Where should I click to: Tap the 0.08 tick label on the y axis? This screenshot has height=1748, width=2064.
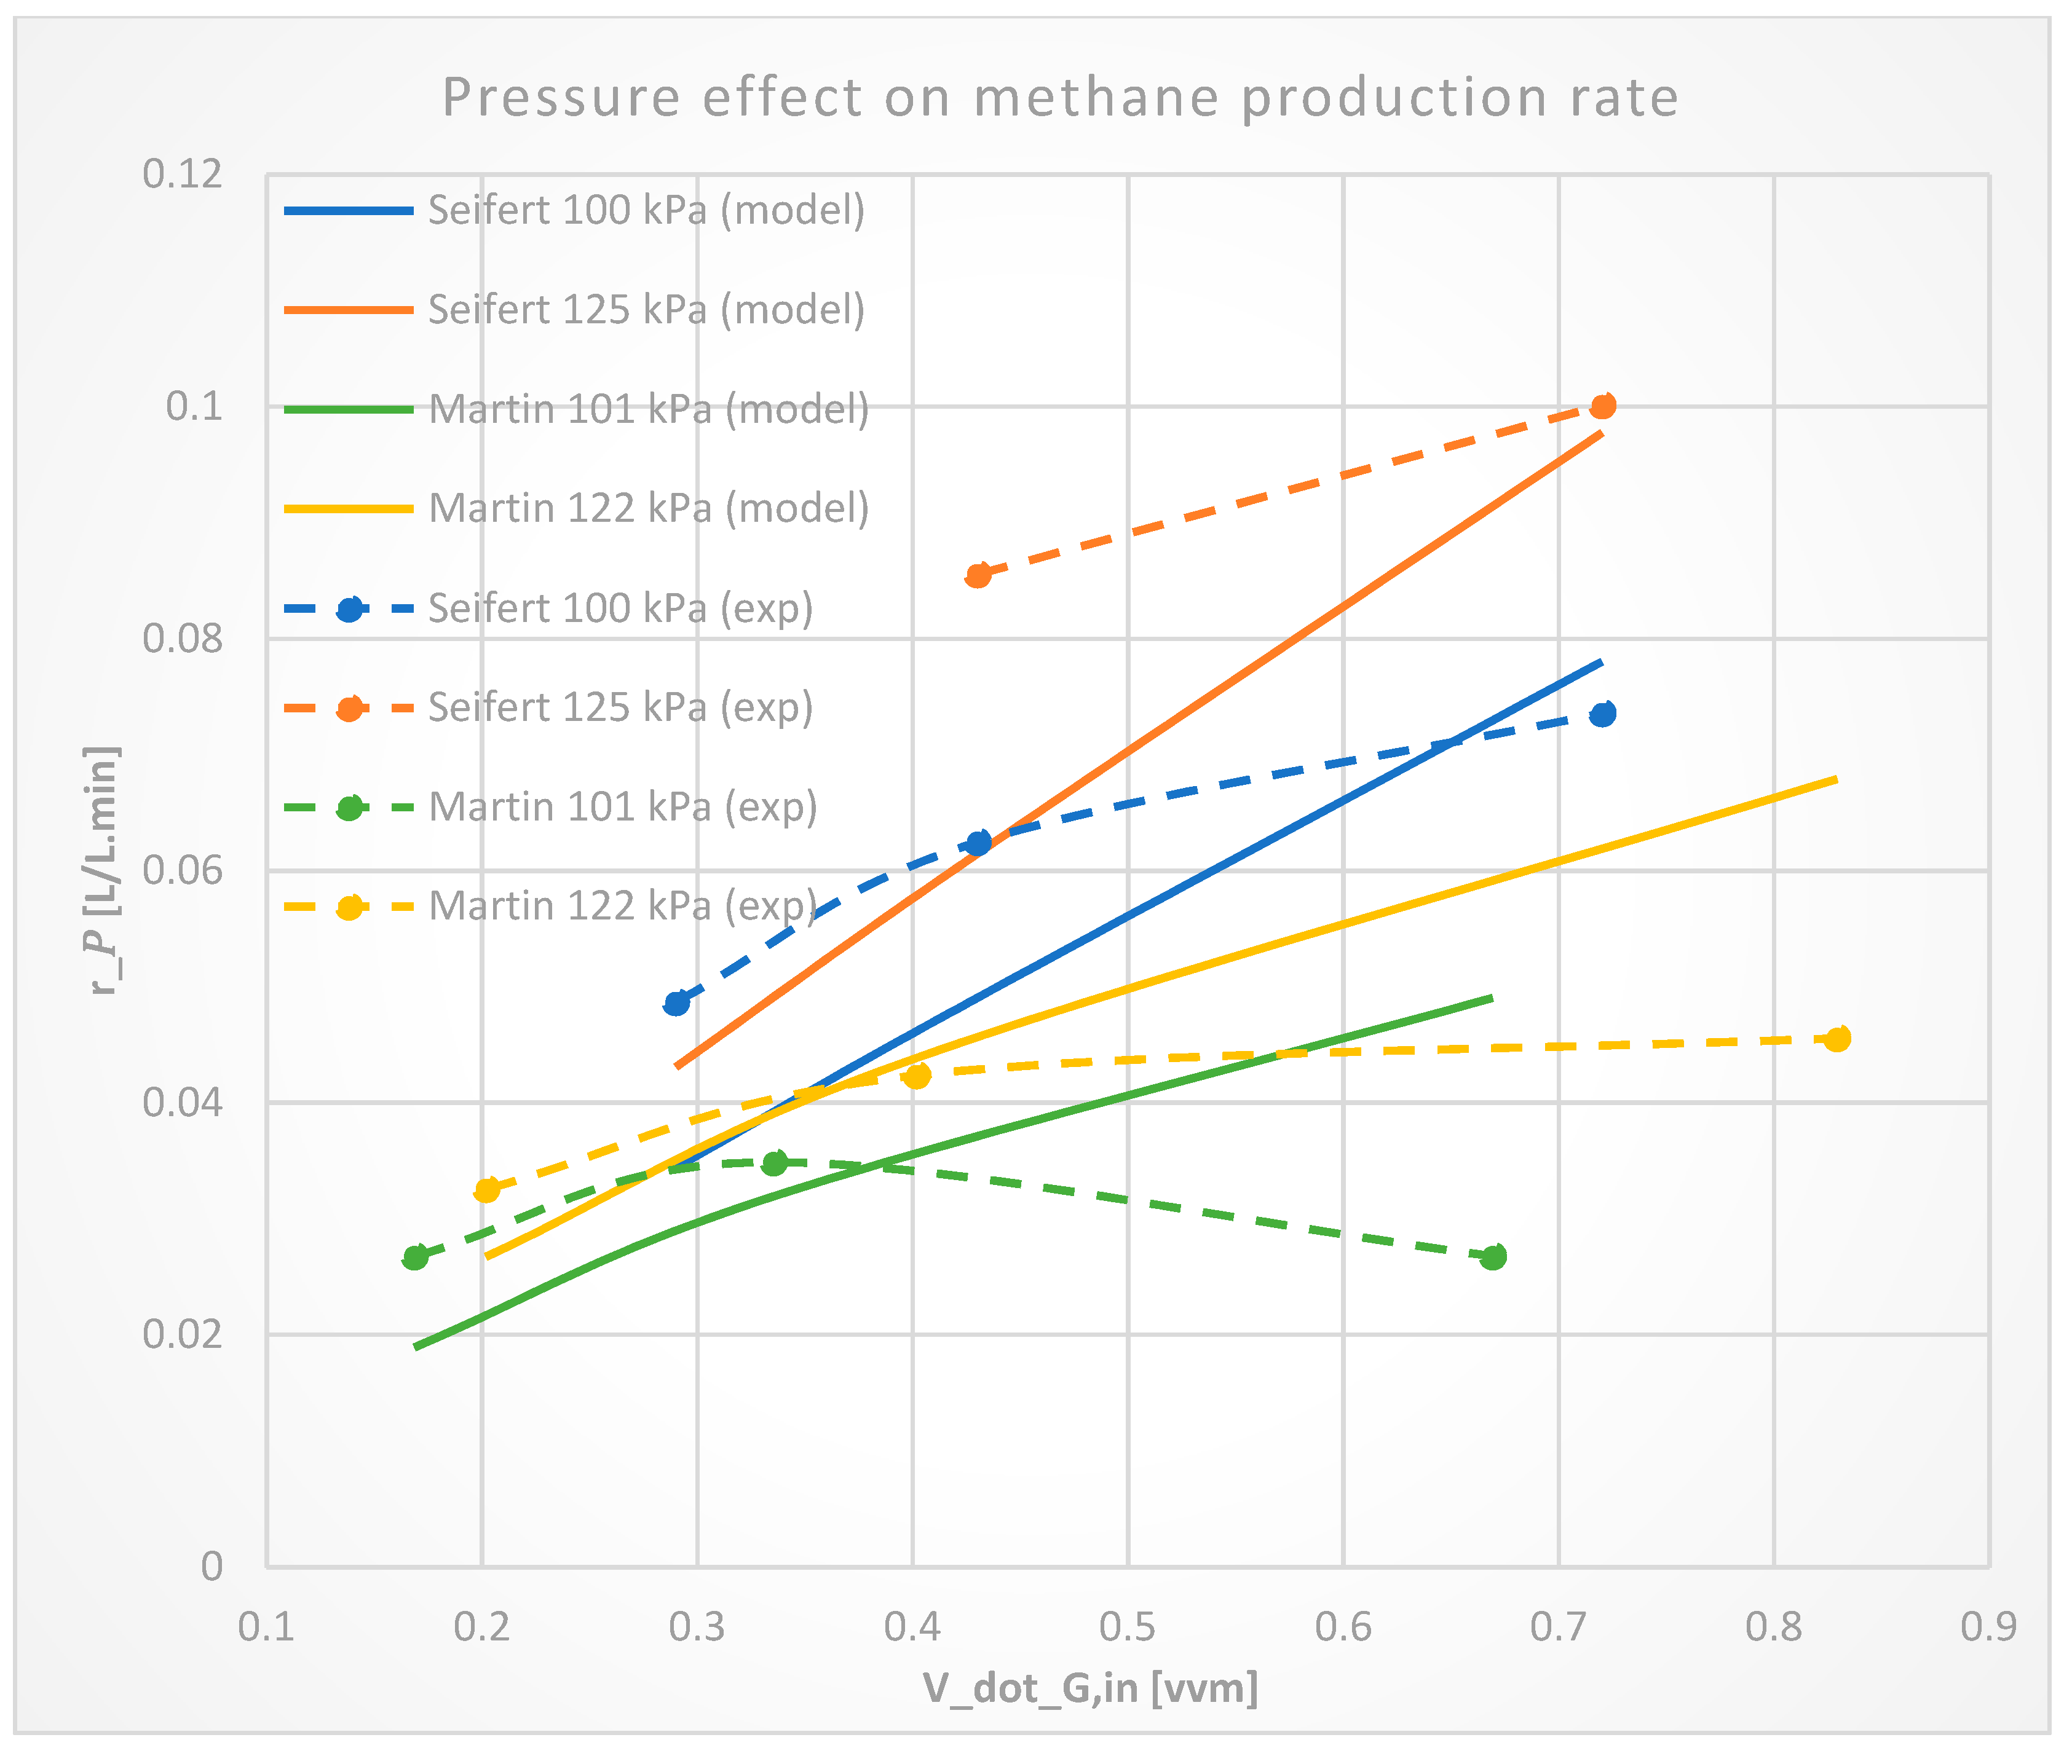point(183,637)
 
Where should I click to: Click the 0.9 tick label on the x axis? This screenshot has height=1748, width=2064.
point(1988,1626)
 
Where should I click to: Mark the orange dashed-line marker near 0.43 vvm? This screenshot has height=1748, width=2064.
point(978,575)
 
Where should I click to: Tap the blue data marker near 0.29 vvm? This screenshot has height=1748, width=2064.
point(676,1003)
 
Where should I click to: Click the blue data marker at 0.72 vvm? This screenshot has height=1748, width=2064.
point(1602,714)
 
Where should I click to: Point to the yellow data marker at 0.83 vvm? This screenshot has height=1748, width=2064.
point(1837,1039)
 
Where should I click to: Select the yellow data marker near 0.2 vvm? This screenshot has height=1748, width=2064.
point(487,1189)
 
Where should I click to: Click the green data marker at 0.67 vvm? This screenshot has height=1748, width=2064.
point(1493,1256)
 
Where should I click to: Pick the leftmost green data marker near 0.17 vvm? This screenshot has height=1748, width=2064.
point(416,1256)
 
